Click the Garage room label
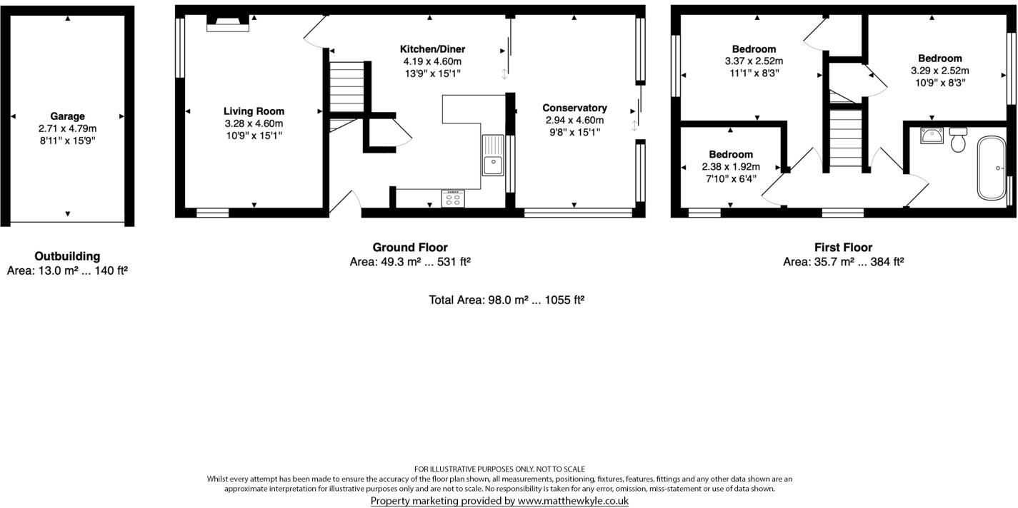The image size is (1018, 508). [67, 116]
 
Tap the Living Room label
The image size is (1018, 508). [254, 111]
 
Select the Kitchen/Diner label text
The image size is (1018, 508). [432, 49]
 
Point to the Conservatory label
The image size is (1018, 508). [574, 108]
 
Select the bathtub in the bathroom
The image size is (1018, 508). [990, 168]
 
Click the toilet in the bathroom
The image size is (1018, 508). [958, 140]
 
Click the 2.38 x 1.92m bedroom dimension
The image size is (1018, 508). [731, 167]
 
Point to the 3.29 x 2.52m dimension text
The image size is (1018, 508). [939, 71]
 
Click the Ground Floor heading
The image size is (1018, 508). [410, 248]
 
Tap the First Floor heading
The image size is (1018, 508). [843, 248]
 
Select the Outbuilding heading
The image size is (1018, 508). [67, 256]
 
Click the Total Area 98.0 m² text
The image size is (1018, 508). [506, 300]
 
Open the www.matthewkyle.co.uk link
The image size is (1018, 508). [572, 501]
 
